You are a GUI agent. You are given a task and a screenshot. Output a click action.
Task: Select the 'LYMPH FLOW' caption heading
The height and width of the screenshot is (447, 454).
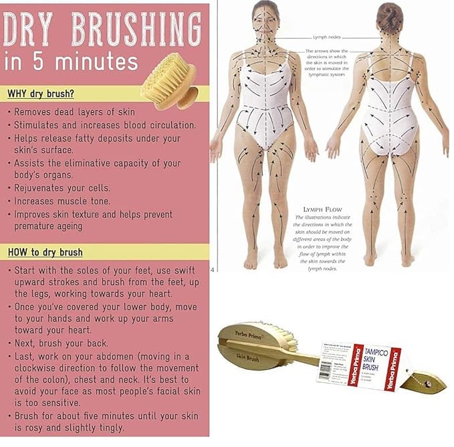coord(313,209)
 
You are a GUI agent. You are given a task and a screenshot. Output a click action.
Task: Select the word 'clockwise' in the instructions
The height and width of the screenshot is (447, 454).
coord(41,368)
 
